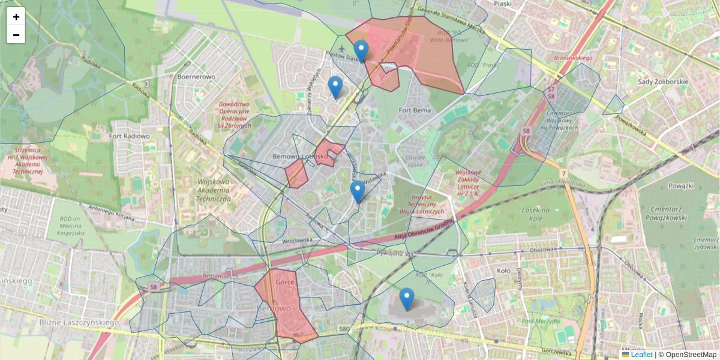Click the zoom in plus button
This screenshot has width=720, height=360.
coord(16,17)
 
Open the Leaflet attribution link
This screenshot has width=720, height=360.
coord(641,355)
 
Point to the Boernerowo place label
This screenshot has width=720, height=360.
coord(196,77)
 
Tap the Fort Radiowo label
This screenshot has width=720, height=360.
coord(130,136)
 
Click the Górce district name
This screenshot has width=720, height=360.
coord(283,281)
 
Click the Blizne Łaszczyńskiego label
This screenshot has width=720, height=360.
coord(43,322)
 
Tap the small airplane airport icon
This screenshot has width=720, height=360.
coord(341,48)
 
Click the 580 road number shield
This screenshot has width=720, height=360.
coord(344,329)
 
